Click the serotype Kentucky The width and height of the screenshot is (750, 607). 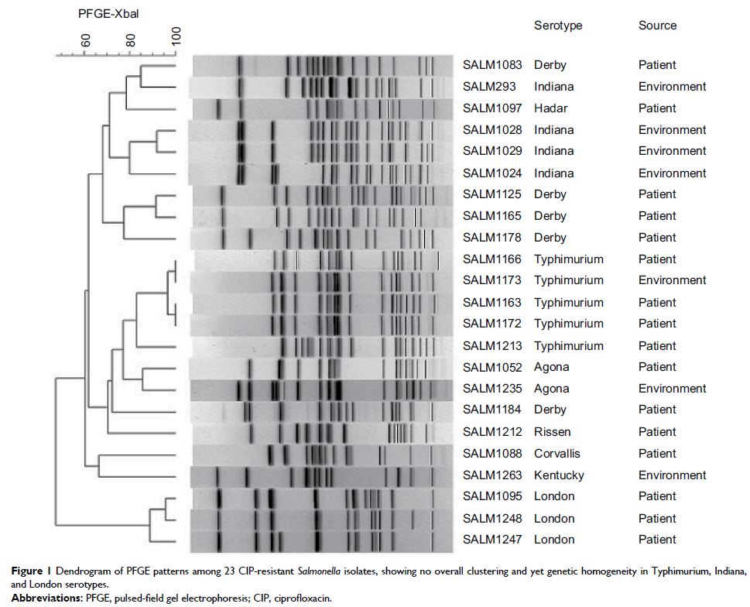(559, 475)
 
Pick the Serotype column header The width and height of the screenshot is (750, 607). (558, 26)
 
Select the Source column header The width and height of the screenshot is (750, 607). (657, 26)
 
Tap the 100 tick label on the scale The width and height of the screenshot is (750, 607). (176, 36)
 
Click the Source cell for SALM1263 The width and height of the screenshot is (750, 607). (672, 475)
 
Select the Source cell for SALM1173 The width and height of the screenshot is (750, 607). (672, 280)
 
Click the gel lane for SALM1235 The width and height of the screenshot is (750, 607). (322, 389)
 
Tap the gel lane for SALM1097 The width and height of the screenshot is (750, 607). (322, 108)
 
